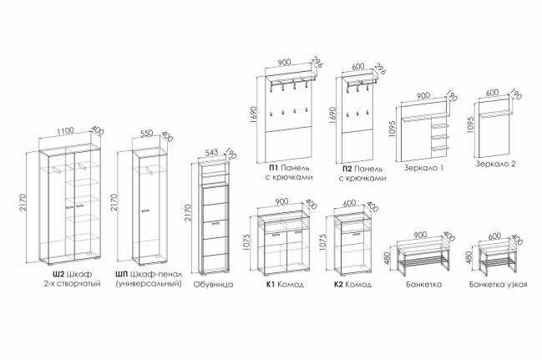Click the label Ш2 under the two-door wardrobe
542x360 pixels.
58,274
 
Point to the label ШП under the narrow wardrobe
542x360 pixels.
123,274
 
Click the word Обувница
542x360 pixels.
212,284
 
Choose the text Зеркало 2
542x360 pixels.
495,164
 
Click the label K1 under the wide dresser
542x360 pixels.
271,284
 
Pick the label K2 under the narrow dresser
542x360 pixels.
338,284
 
